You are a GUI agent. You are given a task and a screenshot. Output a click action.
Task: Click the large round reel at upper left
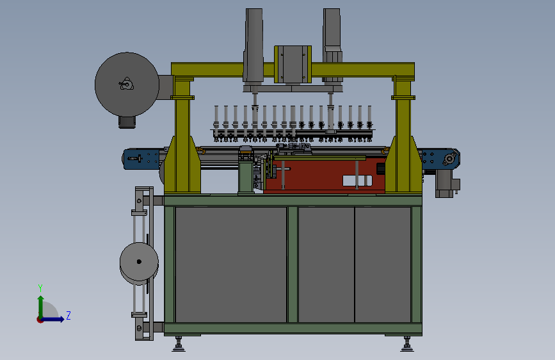click(127, 85)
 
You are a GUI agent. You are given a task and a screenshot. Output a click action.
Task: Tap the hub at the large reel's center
click(126, 85)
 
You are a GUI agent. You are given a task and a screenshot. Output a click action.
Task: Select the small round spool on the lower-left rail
click(139, 262)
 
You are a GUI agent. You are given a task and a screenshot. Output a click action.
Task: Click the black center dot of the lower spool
click(139, 262)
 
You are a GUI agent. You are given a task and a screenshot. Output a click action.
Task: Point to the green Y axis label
click(40, 288)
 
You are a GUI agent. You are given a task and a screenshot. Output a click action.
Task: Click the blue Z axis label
click(68, 315)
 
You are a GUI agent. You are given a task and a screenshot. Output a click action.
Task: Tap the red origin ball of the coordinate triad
click(40, 320)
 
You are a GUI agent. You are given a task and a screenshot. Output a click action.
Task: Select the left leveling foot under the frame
click(179, 344)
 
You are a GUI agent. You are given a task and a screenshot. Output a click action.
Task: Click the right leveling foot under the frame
click(407, 344)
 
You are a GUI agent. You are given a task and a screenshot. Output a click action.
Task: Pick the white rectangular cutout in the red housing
click(357, 181)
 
